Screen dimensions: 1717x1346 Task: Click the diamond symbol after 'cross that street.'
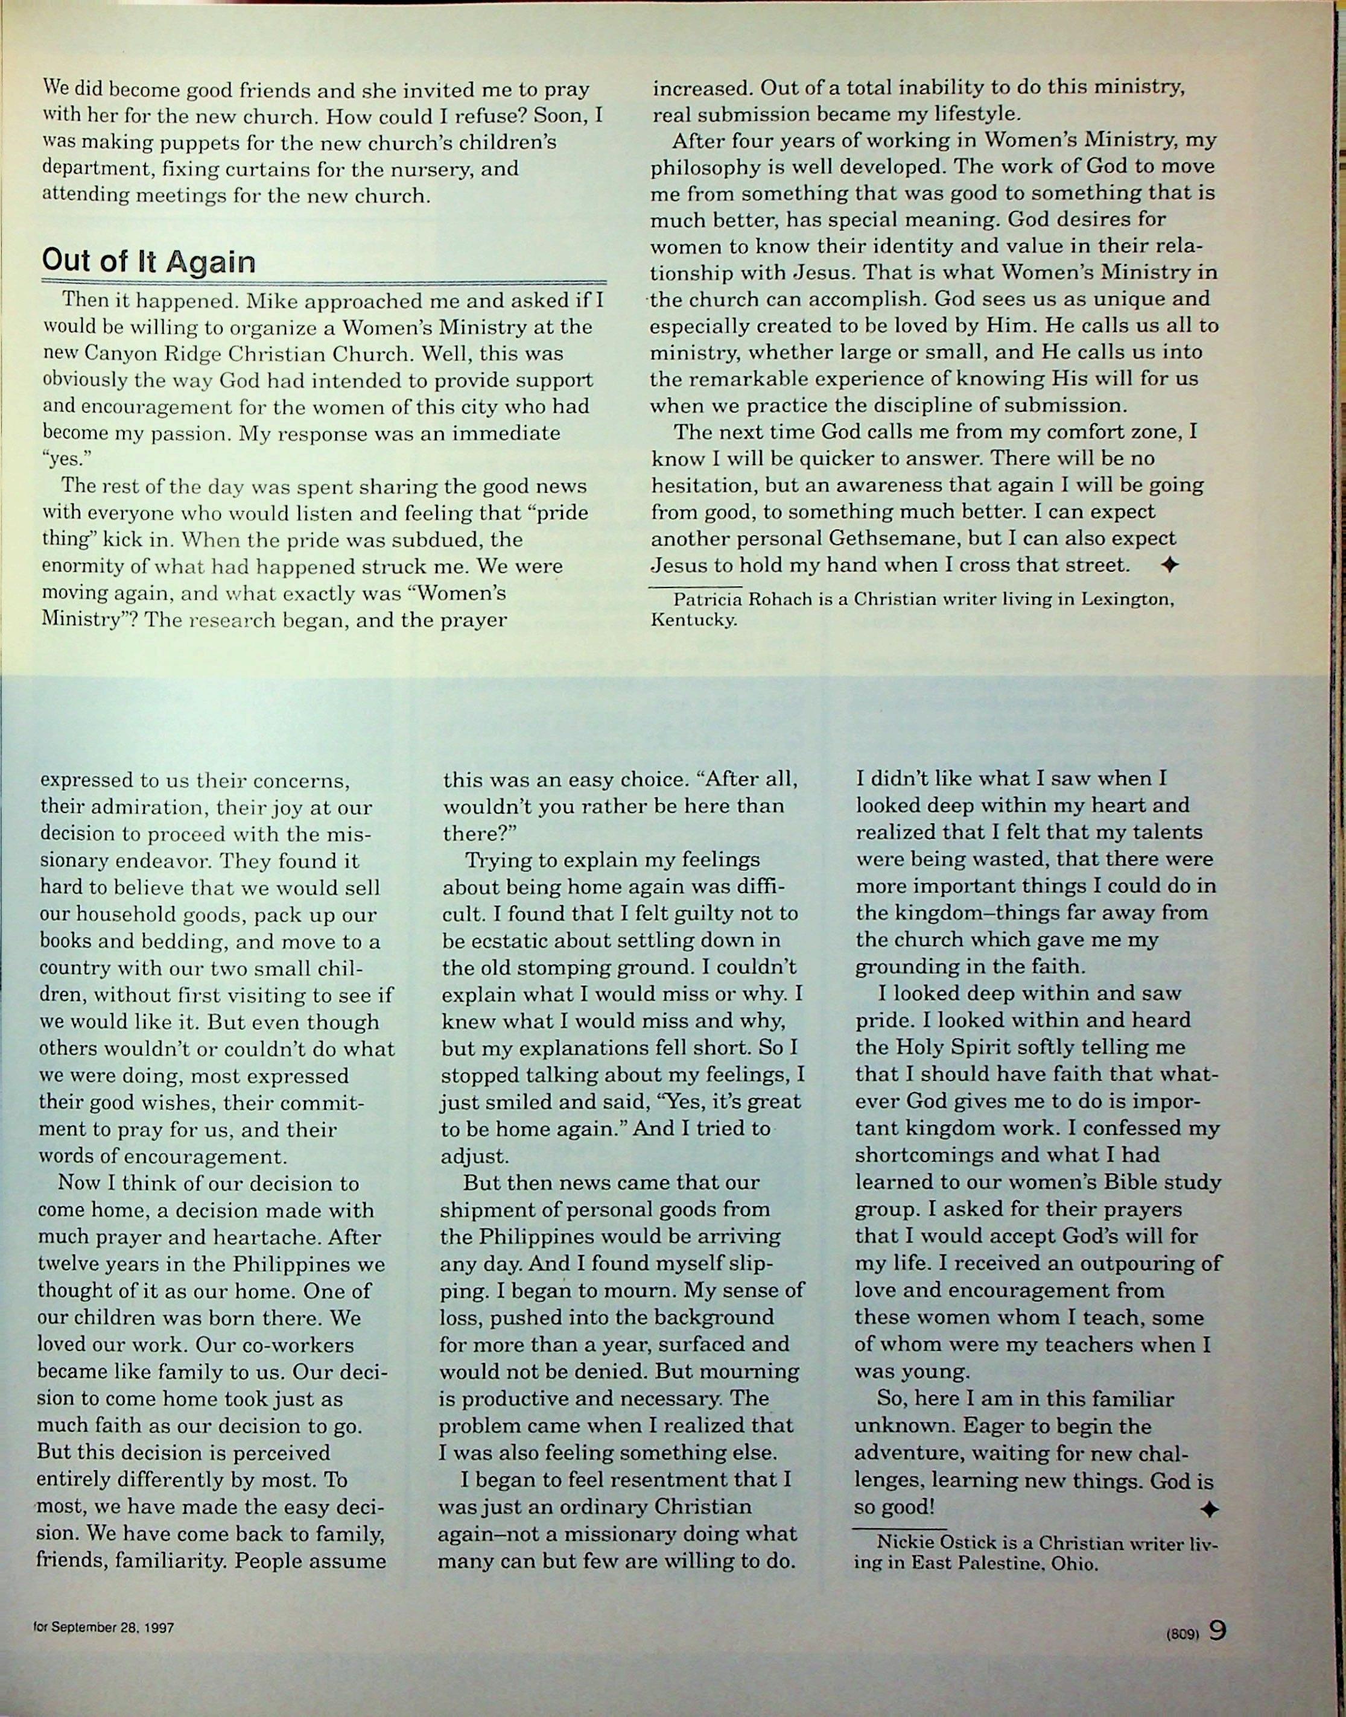pyautogui.click(x=1169, y=566)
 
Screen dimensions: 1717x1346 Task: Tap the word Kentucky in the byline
pyautogui.click(x=693, y=620)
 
